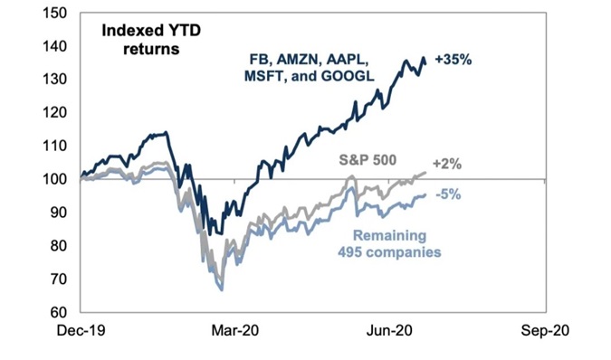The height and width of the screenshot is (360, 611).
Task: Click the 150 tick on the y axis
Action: (x=57, y=14)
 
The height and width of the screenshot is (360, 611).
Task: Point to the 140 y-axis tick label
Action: (x=57, y=47)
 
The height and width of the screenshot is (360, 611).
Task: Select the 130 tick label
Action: (x=57, y=80)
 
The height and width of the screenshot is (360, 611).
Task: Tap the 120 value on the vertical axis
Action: (x=57, y=113)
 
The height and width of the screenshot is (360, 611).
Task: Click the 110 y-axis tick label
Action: (x=57, y=146)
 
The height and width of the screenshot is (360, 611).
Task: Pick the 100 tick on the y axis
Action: (x=57, y=179)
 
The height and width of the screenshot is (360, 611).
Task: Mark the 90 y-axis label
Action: (x=61, y=213)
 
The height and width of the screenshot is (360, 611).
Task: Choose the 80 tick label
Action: (x=61, y=245)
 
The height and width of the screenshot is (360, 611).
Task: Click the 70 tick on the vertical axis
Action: (x=61, y=279)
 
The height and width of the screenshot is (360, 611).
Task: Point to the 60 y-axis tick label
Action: (x=61, y=311)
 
